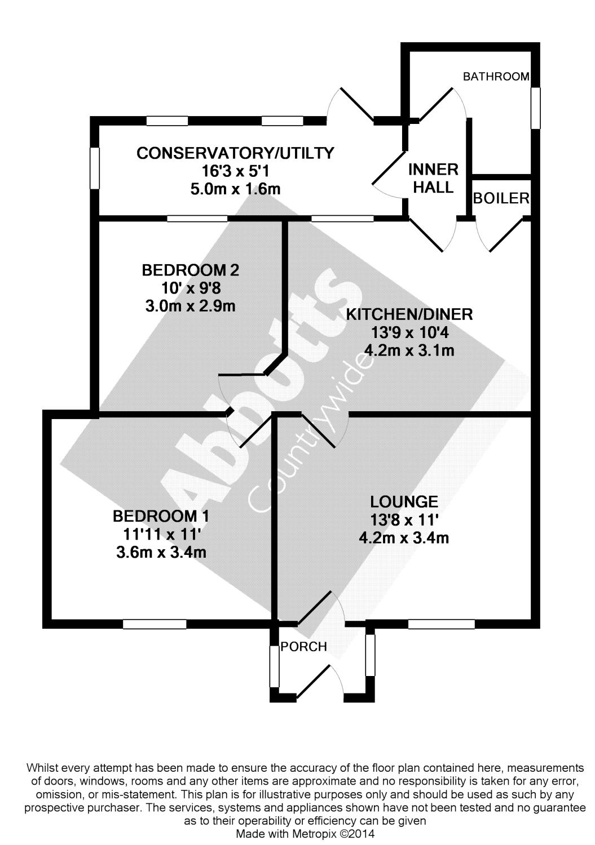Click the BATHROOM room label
(x=496, y=77)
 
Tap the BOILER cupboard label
(x=501, y=198)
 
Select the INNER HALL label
(x=433, y=179)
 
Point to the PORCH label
(x=303, y=647)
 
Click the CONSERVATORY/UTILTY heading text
(x=235, y=153)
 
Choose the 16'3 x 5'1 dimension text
(x=235, y=171)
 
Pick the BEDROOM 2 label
(x=191, y=270)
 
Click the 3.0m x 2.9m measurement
(x=191, y=306)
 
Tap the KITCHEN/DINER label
(x=409, y=314)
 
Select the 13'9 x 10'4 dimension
(x=410, y=333)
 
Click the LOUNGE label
(x=404, y=502)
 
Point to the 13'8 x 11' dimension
(x=404, y=520)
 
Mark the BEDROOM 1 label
(x=161, y=516)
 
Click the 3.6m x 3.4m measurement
(x=161, y=552)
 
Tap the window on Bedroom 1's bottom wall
(x=155, y=624)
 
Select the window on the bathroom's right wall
(x=535, y=108)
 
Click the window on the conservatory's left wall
(x=94, y=168)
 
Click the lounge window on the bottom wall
(x=441, y=624)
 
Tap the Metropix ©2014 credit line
(x=305, y=834)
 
